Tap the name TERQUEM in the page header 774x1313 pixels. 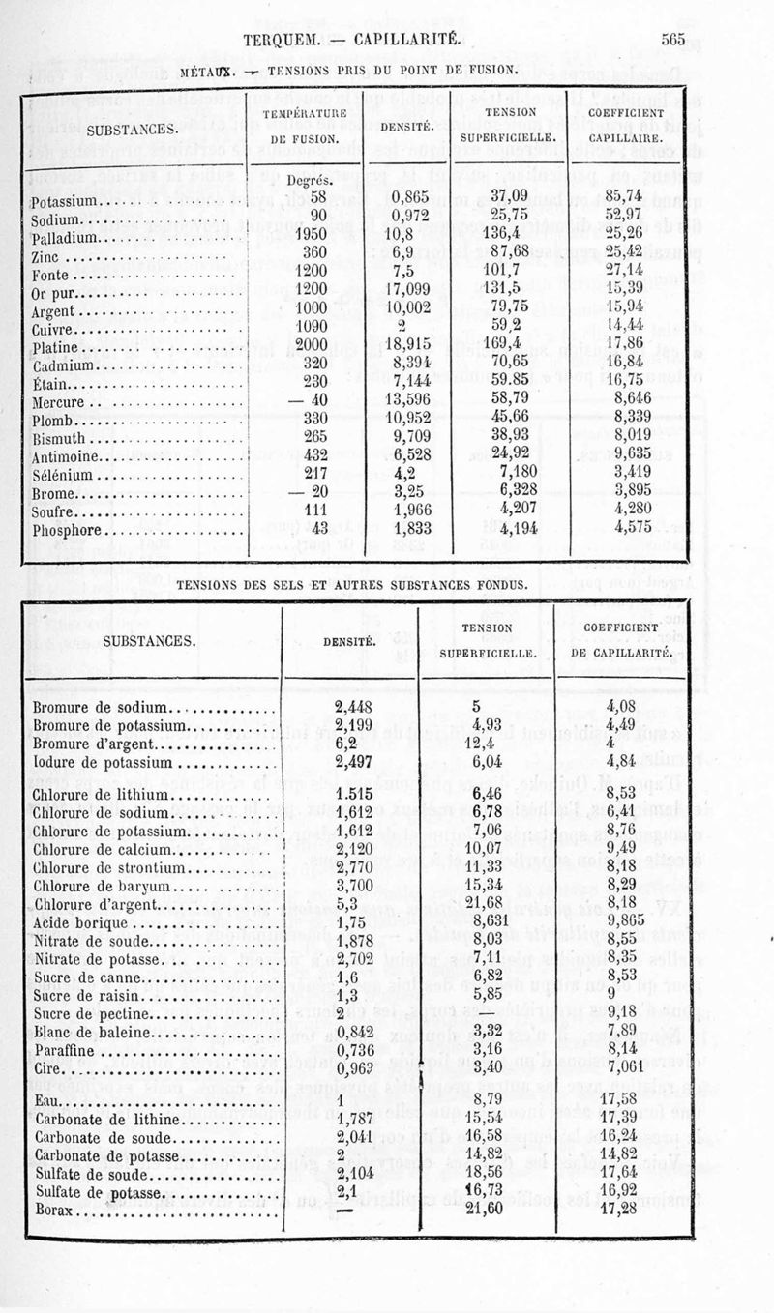(x=283, y=40)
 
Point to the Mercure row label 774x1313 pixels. (x=60, y=402)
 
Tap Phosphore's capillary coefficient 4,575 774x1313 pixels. (x=635, y=529)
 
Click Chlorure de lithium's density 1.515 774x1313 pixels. (x=354, y=795)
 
